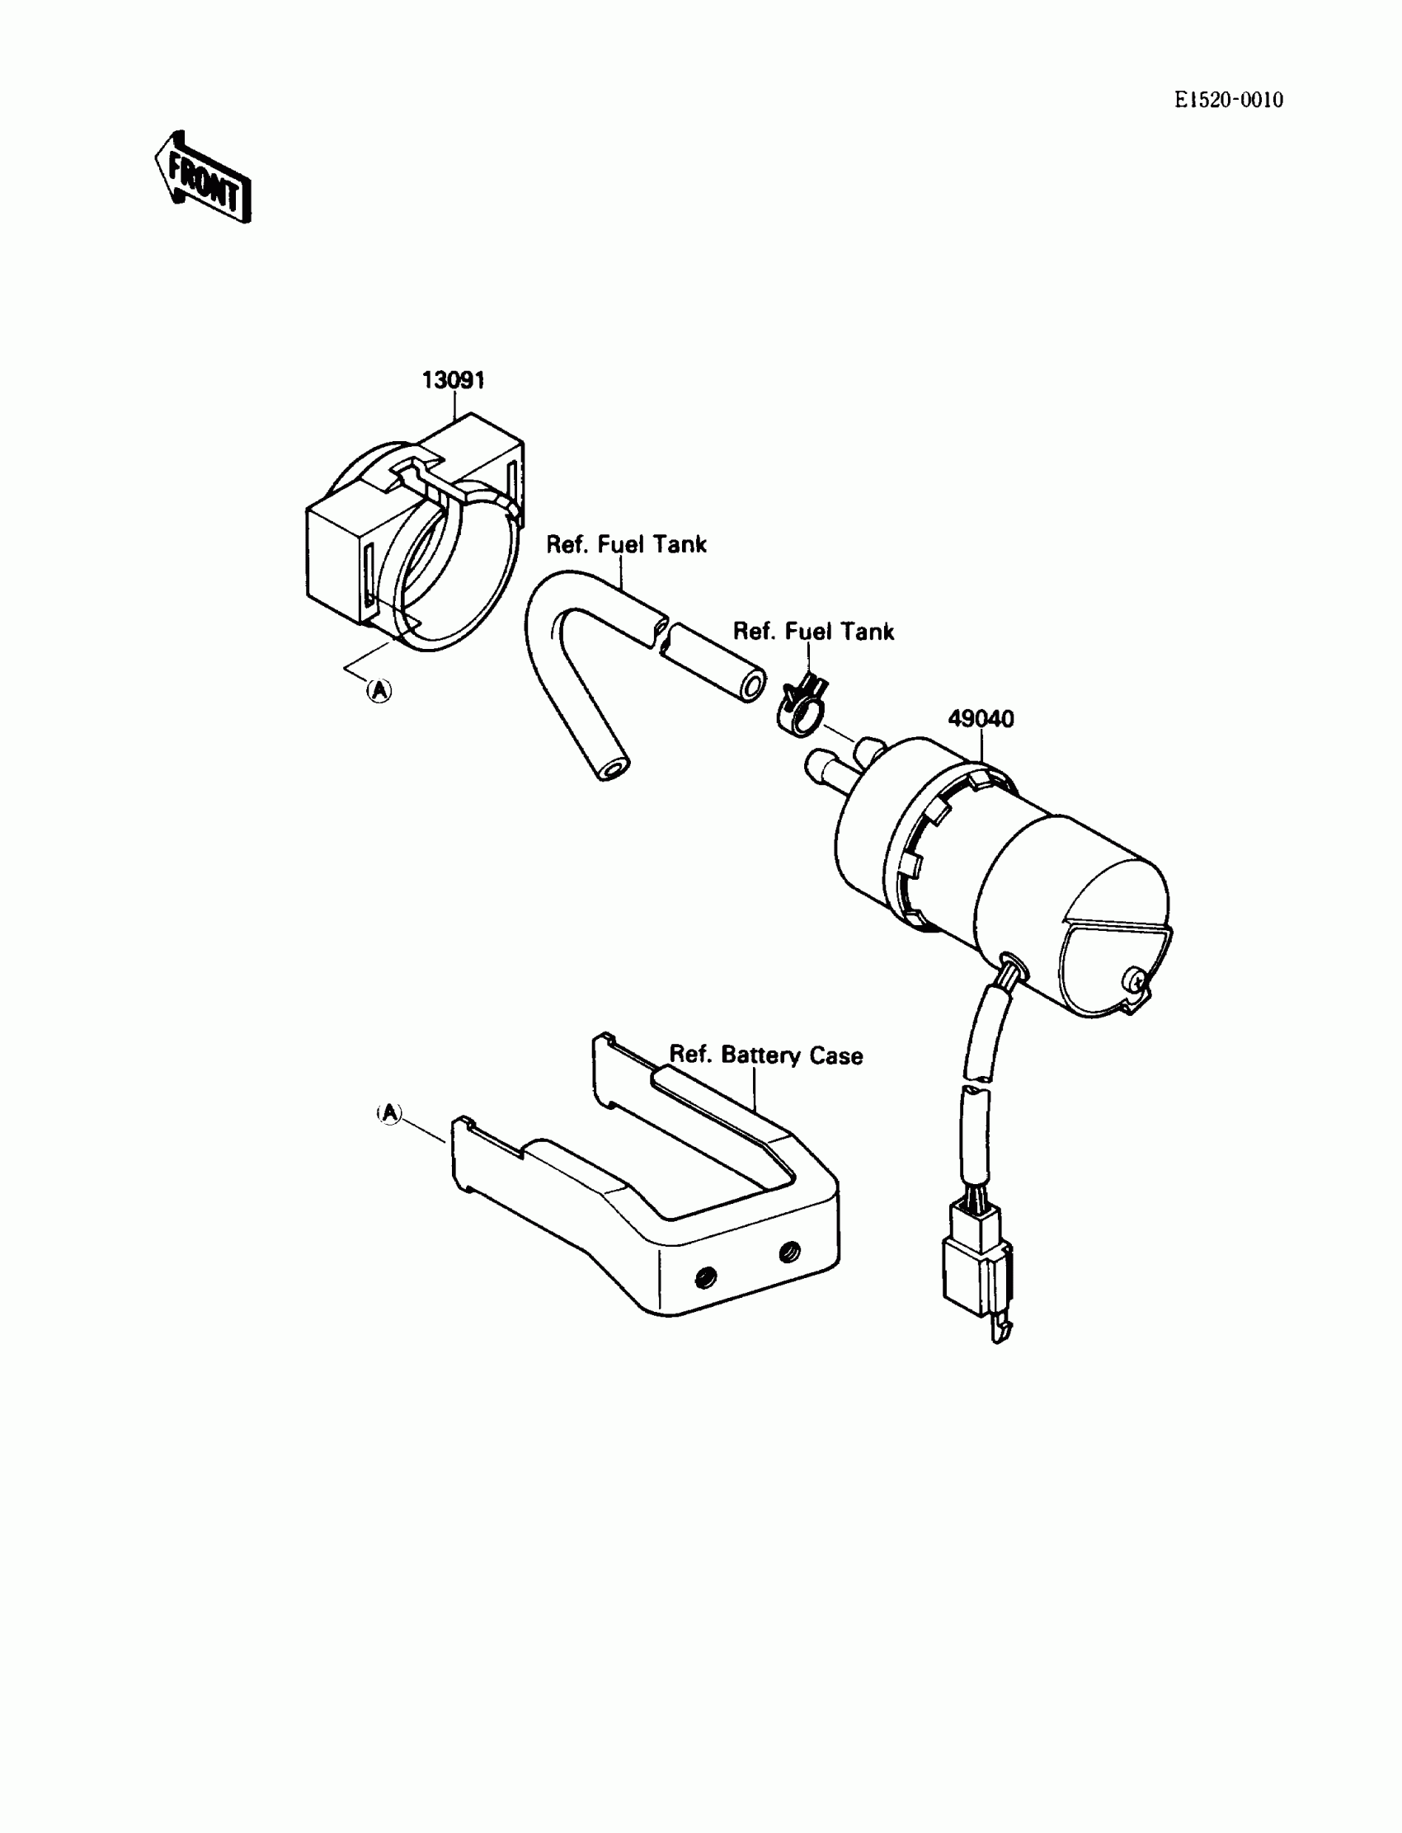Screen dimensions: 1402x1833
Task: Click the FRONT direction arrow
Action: coord(203,178)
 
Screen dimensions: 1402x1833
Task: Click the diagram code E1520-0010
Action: coord(1229,100)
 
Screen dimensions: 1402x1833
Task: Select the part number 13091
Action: coord(453,380)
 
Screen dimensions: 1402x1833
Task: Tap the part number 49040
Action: coord(981,718)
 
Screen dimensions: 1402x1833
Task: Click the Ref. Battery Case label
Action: coord(766,1055)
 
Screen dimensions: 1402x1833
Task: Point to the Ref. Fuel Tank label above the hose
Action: coord(626,545)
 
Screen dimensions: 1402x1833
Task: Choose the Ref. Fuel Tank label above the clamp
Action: coord(813,632)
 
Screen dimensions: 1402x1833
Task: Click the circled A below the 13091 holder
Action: coord(379,690)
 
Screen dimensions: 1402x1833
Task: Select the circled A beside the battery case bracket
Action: coord(390,1112)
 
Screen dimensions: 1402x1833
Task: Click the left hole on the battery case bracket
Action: coord(706,1276)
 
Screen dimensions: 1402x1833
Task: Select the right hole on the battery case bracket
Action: coord(788,1252)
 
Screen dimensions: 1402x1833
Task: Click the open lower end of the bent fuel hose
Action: coord(615,768)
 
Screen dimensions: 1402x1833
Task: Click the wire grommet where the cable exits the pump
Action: coord(1012,966)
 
